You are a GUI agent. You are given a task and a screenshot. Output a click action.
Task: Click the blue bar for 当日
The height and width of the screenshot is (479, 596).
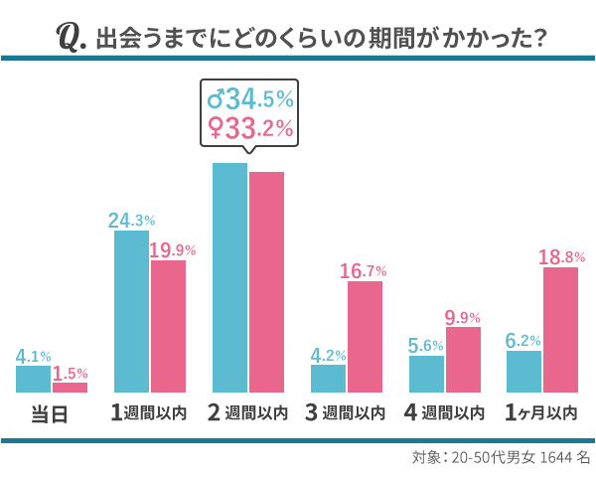click(x=33, y=379)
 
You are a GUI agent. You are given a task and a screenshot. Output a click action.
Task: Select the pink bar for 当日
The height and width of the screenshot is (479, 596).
click(x=70, y=388)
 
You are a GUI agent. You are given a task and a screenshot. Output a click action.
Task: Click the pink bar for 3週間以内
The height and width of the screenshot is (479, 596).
click(x=365, y=337)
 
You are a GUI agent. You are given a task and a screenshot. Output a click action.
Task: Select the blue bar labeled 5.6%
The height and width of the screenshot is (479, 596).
click(x=426, y=374)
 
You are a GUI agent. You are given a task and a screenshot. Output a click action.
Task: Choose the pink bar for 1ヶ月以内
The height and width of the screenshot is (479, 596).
click(x=560, y=330)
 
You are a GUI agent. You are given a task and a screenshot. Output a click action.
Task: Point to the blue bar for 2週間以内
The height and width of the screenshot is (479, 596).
click(x=229, y=277)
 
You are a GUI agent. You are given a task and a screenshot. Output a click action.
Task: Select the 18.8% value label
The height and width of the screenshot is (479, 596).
click(x=561, y=257)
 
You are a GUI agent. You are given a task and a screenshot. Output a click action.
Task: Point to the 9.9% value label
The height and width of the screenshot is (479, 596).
click(x=462, y=318)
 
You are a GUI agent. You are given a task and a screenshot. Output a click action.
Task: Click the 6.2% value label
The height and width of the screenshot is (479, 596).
click(x=523, y=341)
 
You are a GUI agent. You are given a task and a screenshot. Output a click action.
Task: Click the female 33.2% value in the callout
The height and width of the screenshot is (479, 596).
click(x=250, y=127)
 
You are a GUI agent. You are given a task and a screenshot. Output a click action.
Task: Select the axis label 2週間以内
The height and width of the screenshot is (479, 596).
click(x=249, y=412)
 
